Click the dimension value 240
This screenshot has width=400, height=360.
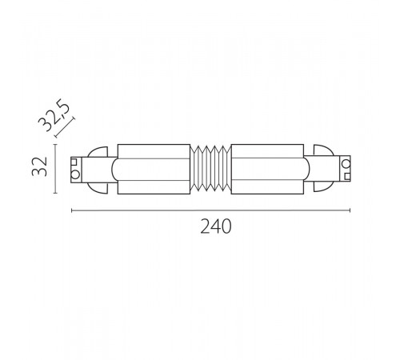pos(215,227)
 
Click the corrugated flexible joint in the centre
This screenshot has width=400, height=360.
pos(210,168)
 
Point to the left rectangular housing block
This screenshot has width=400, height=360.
pos(154,168)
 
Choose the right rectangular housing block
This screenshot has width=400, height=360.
pos(267,168)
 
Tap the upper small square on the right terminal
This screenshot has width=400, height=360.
pos(346,164)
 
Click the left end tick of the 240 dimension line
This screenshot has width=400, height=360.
pos(72,211)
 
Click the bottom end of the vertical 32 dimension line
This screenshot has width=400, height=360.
pos(54,192)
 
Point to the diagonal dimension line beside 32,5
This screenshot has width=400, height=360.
pos(65,127)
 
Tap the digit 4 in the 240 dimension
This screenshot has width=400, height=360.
pos(215,227)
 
